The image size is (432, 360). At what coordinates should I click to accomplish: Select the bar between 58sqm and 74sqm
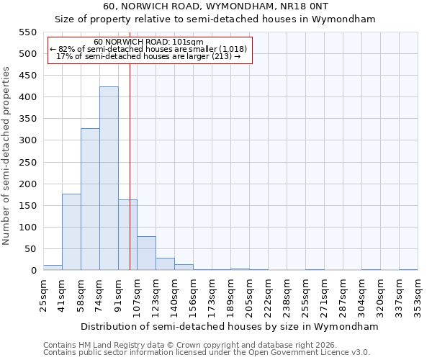click(90, 199)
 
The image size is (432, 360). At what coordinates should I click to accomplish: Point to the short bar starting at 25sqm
click(53, 268)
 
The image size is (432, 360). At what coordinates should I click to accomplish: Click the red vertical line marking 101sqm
click(130, 166)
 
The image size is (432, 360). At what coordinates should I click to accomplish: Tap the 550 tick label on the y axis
click(27, 32)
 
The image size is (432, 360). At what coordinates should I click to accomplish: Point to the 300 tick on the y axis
click(27, 140)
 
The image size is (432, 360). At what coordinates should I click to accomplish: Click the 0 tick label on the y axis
click(33, 271)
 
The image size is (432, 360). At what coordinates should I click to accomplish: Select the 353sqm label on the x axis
click(418, 296)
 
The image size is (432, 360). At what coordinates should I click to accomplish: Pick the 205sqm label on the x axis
click(249, 296)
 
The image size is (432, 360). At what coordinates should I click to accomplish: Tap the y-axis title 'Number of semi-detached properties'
click(7, 156)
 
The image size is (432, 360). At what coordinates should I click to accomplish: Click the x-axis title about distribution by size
click(230, 326)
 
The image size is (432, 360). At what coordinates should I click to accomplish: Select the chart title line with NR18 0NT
click(216, 6)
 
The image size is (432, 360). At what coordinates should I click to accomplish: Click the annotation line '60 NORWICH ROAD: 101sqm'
click(149, 42)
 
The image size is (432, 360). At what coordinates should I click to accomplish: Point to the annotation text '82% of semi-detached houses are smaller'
click(149, 49)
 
